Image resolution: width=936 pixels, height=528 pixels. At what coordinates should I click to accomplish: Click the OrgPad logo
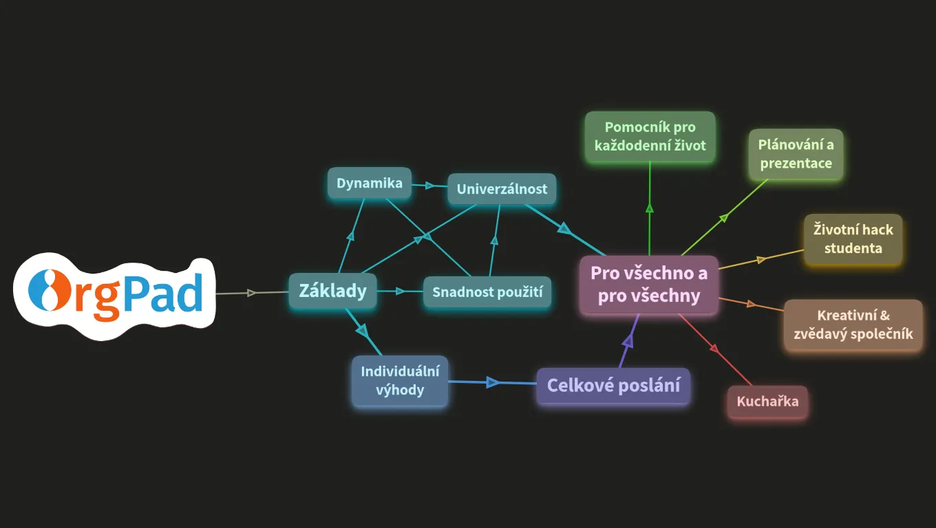point(114,296)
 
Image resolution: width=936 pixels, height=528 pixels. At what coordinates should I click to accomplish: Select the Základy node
point(332,291)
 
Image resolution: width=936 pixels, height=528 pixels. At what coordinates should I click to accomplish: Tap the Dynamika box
point(370,184)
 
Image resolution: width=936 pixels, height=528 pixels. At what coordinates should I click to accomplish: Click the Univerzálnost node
point(502,189)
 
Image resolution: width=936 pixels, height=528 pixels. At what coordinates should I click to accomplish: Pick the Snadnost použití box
point(487,291)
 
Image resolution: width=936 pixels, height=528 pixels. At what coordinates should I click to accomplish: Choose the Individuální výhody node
point(400,381)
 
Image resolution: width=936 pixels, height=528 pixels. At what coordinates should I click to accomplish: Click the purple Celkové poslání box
point(613,386)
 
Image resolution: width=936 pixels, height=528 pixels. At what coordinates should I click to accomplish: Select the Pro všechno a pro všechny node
point(649,285)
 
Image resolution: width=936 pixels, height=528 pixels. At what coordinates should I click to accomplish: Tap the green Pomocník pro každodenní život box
point(650,137)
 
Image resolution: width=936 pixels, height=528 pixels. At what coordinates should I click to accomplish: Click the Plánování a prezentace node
point(796,154)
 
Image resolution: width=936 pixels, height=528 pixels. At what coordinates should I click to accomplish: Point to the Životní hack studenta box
point(853,239)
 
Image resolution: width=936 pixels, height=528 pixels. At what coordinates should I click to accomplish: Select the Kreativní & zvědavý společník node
point(853,324)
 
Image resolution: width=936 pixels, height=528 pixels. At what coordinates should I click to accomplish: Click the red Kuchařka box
point(767,401)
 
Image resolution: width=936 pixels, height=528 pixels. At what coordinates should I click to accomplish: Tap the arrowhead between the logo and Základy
point(252,293)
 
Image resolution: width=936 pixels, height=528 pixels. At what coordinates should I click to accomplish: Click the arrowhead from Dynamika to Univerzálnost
point(429,186)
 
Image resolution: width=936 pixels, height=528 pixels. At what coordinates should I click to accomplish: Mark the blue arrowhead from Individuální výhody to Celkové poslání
point(493,382)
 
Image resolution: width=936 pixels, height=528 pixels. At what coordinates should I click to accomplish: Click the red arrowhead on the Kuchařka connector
point(714,348)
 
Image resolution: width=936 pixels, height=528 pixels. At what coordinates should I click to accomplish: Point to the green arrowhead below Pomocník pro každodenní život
point(650,208)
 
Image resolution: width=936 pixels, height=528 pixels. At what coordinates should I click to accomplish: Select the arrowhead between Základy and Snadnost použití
point(400,291)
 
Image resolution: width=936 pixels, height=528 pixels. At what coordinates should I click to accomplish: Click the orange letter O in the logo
point(50,291)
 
